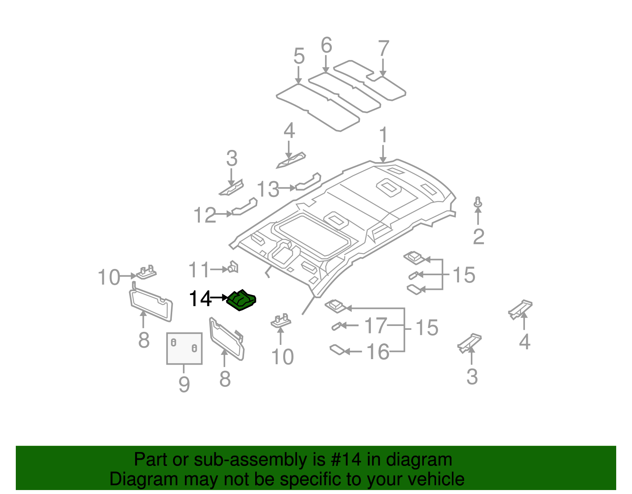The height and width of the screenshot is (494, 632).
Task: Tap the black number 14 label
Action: coord(200,299)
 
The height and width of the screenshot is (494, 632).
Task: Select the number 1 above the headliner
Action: coord(383,136)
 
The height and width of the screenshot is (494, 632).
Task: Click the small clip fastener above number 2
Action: coord(478,202)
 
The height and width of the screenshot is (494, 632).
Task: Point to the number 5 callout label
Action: coord(299,56)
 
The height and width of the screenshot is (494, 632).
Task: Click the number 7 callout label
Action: coord(326,45)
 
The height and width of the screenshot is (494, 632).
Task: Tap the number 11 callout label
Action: coord(199,270)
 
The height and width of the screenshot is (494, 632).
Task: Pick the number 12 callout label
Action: coord(205,216)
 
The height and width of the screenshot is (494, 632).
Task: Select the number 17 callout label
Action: coord(375,326)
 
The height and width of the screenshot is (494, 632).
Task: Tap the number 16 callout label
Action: coord(378,352)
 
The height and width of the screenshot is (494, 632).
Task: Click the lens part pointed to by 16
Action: coord(337,350)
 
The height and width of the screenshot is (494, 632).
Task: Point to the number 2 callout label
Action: coord(478,237)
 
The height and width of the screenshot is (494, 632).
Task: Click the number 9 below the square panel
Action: coord(184,384)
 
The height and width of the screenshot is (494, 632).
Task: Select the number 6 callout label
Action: coord(326,45)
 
